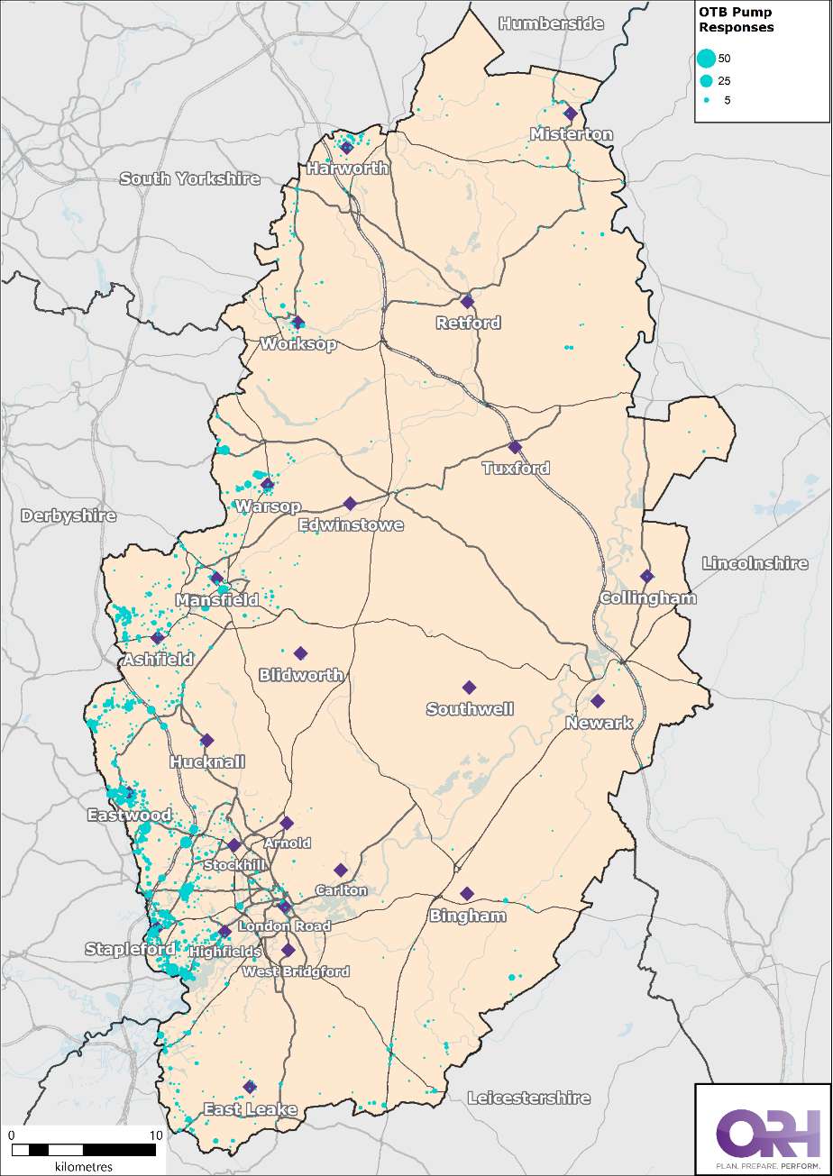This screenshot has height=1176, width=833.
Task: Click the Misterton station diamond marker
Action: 570,114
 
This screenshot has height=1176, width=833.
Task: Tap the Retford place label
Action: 468,323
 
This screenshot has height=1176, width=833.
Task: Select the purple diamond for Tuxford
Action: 515,447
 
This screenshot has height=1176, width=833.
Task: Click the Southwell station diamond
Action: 469,688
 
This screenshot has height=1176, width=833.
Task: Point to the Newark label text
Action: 600,723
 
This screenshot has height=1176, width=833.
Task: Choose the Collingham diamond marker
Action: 646,576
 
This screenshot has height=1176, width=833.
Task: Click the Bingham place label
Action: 468,916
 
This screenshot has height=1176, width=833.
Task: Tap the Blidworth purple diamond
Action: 300,653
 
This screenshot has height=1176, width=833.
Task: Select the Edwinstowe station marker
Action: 350,503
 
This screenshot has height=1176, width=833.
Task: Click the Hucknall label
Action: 207,762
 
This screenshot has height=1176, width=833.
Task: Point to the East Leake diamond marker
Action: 250,1087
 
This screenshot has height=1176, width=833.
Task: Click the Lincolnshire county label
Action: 755,563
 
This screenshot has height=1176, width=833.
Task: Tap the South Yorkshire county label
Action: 189,178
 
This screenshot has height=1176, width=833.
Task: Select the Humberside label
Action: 551,23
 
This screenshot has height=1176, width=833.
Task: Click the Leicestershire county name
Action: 528,1098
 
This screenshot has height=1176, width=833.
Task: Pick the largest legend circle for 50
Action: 707,58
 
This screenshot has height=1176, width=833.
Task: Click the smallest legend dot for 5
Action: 707,100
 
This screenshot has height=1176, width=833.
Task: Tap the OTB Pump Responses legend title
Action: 737,20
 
